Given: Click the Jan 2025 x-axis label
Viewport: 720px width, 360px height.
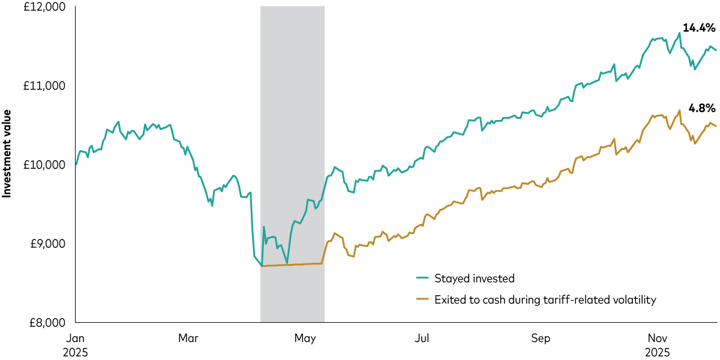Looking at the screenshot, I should point(75,345).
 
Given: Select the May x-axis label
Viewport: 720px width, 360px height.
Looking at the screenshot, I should point(305,338).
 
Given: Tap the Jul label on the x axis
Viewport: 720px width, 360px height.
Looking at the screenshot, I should point(422,338).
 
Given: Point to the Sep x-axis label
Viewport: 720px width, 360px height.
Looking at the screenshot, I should point(541,338).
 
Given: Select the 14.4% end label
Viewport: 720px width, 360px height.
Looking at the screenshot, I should point(699,27).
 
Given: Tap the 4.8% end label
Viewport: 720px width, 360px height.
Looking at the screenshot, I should point(701,109).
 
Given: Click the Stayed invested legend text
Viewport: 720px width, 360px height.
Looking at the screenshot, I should point(474,278).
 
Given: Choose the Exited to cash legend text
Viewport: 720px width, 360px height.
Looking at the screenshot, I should point(545,299).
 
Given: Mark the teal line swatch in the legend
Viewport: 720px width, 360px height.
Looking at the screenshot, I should point(422,278).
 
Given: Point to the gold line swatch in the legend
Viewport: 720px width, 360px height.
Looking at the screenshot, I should point(422,299).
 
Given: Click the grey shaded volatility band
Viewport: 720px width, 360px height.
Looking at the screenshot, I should point(292,120).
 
